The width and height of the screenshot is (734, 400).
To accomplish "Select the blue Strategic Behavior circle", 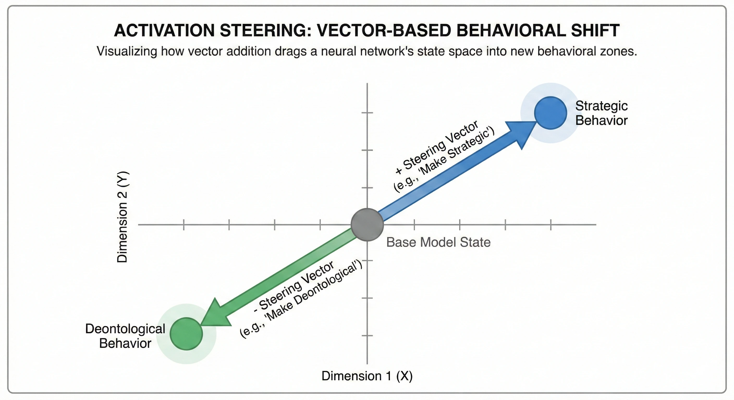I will [550, 113].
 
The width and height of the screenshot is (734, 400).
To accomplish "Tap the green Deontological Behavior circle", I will [186, 334].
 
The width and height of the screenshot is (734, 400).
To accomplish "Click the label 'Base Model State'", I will [438, 242].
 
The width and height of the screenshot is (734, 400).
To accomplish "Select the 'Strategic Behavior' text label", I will [601, 113].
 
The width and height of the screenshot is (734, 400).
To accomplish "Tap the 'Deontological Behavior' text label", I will [125, 336].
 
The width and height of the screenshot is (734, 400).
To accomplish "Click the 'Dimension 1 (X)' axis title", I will [367, 376].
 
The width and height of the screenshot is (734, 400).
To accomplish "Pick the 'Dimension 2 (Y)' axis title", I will [123, 217].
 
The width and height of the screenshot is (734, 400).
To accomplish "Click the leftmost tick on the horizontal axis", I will [184, 225].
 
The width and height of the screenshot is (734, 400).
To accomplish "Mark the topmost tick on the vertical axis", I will [367, 113].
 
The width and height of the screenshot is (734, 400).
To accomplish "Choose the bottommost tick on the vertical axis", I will [367, 336].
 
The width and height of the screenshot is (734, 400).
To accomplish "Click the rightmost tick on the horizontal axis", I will [550, 225].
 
